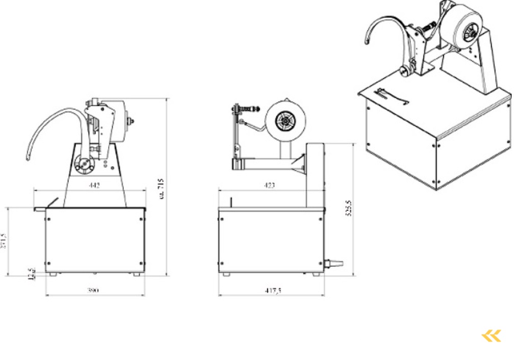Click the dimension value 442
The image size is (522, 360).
[94, 185]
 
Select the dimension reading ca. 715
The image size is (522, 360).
[162, 189]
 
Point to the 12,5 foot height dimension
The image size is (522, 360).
[31, 274]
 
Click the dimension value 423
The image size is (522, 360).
[269, 185]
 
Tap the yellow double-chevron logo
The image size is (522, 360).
[491, 336]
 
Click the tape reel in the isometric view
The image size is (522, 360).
[461, 28]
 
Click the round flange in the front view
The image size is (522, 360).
[82, 164]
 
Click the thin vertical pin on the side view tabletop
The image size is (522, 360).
[231, 202]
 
